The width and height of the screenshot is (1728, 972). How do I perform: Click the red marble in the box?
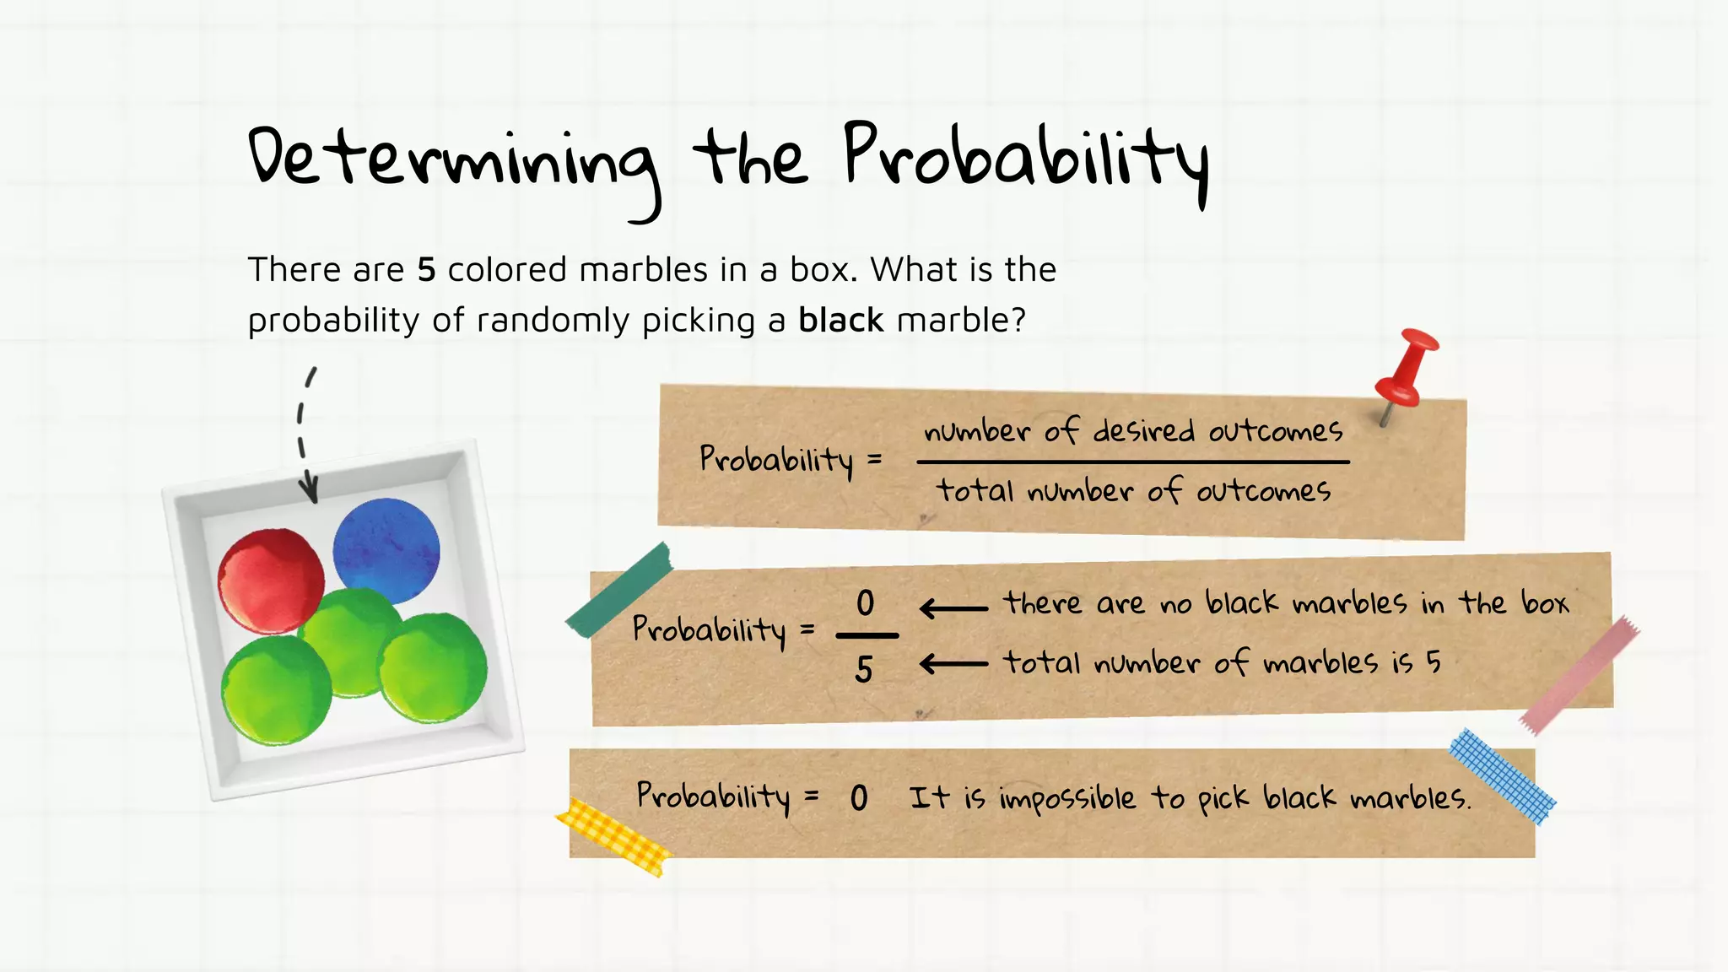tap(271, 580)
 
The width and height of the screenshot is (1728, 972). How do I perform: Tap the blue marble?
tap(386, 550)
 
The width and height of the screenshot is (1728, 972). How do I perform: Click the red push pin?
tap(1405, 371)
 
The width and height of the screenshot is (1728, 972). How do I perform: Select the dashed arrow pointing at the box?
tap(305, 435)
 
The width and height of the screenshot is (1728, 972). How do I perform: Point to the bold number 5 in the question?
tap(426, 270)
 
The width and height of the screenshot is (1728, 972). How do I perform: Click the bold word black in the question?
tap(840, 321)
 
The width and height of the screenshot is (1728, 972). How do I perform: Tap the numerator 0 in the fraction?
tap(865, 603)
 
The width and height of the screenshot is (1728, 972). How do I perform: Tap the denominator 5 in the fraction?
tap(863, 670)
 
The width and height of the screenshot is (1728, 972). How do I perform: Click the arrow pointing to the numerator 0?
tap(953, 607)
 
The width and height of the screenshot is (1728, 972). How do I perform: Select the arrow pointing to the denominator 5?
tap(953, 665)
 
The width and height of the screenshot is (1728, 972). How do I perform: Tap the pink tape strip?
tap(1579, 675)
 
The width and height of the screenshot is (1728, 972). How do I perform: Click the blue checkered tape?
tap(1502, 776)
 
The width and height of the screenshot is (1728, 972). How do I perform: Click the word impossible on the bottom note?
tap(1067, 798)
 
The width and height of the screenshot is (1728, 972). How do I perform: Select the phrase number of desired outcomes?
tap(1133, 431)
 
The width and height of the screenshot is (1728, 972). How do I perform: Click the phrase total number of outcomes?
tap(1133, 490)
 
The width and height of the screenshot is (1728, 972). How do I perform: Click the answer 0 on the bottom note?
tap(859, 798)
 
